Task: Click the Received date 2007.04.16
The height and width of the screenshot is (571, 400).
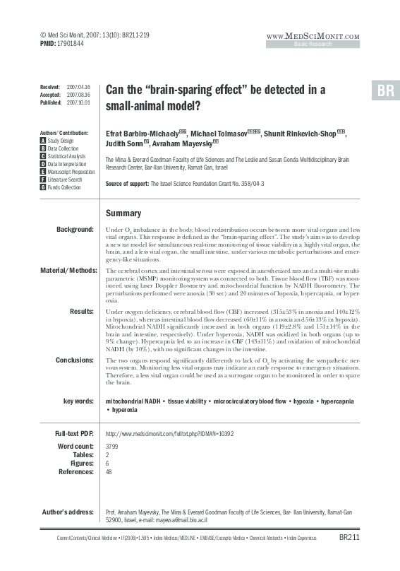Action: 79,85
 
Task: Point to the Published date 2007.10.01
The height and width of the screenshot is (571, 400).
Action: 79,102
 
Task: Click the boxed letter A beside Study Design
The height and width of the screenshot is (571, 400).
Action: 42,141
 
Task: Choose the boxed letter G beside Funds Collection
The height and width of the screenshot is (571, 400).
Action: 42,187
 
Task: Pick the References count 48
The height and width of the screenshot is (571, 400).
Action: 109,473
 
